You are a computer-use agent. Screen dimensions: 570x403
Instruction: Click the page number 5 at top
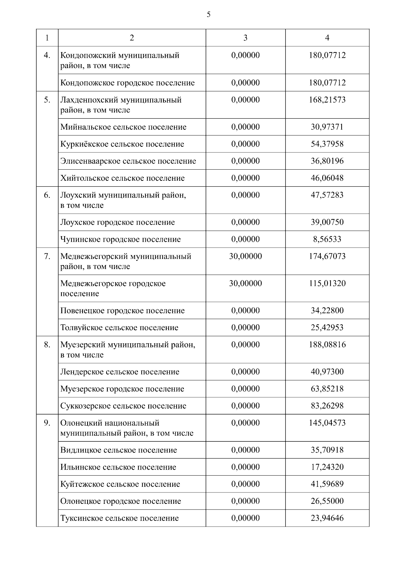(x=209, y=14)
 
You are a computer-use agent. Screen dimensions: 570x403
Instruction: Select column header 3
(x=245, y=38)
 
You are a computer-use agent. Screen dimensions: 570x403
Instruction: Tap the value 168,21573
(x=327, y=100)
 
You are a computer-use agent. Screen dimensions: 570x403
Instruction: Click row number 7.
(x=47, y=256)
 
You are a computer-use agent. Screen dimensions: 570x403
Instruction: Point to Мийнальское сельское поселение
(x=123, y=127)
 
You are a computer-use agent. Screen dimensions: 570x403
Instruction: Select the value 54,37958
(x=327, y=144)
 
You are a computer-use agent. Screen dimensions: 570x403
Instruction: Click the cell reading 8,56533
(x=327, y=239)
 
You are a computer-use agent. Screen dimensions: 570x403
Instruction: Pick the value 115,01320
(x=327, y=283)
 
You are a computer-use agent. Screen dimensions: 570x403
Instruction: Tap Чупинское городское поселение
(x=121, y=239)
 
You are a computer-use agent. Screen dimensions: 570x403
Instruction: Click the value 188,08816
(x=327, y=345)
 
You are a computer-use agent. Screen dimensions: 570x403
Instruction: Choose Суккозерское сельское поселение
(x=123, y=406)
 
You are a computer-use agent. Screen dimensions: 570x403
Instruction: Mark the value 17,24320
(x=327, y=467)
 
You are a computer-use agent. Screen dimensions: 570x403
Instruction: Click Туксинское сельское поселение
(x=120, y=518)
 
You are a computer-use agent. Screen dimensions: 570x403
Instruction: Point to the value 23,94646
(x=327, y=518)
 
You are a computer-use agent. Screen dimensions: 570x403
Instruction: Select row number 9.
(x=47, y=423)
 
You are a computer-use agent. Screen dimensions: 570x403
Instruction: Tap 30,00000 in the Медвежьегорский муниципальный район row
(x=245, y=256)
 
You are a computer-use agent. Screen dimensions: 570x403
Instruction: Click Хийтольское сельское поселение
(x=123, y=178)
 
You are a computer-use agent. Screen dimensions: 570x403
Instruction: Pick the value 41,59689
(x=327, y=484)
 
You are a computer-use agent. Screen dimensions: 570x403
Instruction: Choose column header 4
(x=327, y=38)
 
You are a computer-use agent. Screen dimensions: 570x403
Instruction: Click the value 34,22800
(x=327, y=310)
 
